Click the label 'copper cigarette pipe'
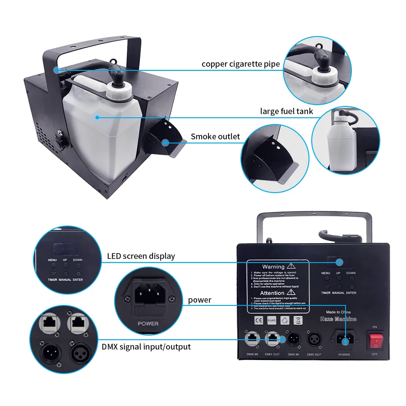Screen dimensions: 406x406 pos(240,64)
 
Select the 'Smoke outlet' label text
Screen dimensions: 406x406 pos(215,136)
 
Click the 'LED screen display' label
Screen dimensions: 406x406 pos(141,256)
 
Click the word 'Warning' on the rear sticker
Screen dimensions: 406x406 pos(273,267)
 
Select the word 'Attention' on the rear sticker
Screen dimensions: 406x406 pos(273,293)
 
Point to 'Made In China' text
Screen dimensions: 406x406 pos(338,312)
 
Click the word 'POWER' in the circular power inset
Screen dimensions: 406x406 pos(148,323)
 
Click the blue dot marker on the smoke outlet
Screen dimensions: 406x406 pos(166,143)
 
